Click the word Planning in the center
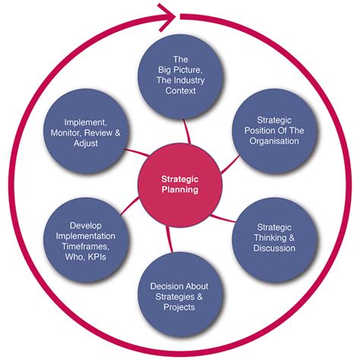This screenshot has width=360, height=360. click(x=180, y=190)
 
